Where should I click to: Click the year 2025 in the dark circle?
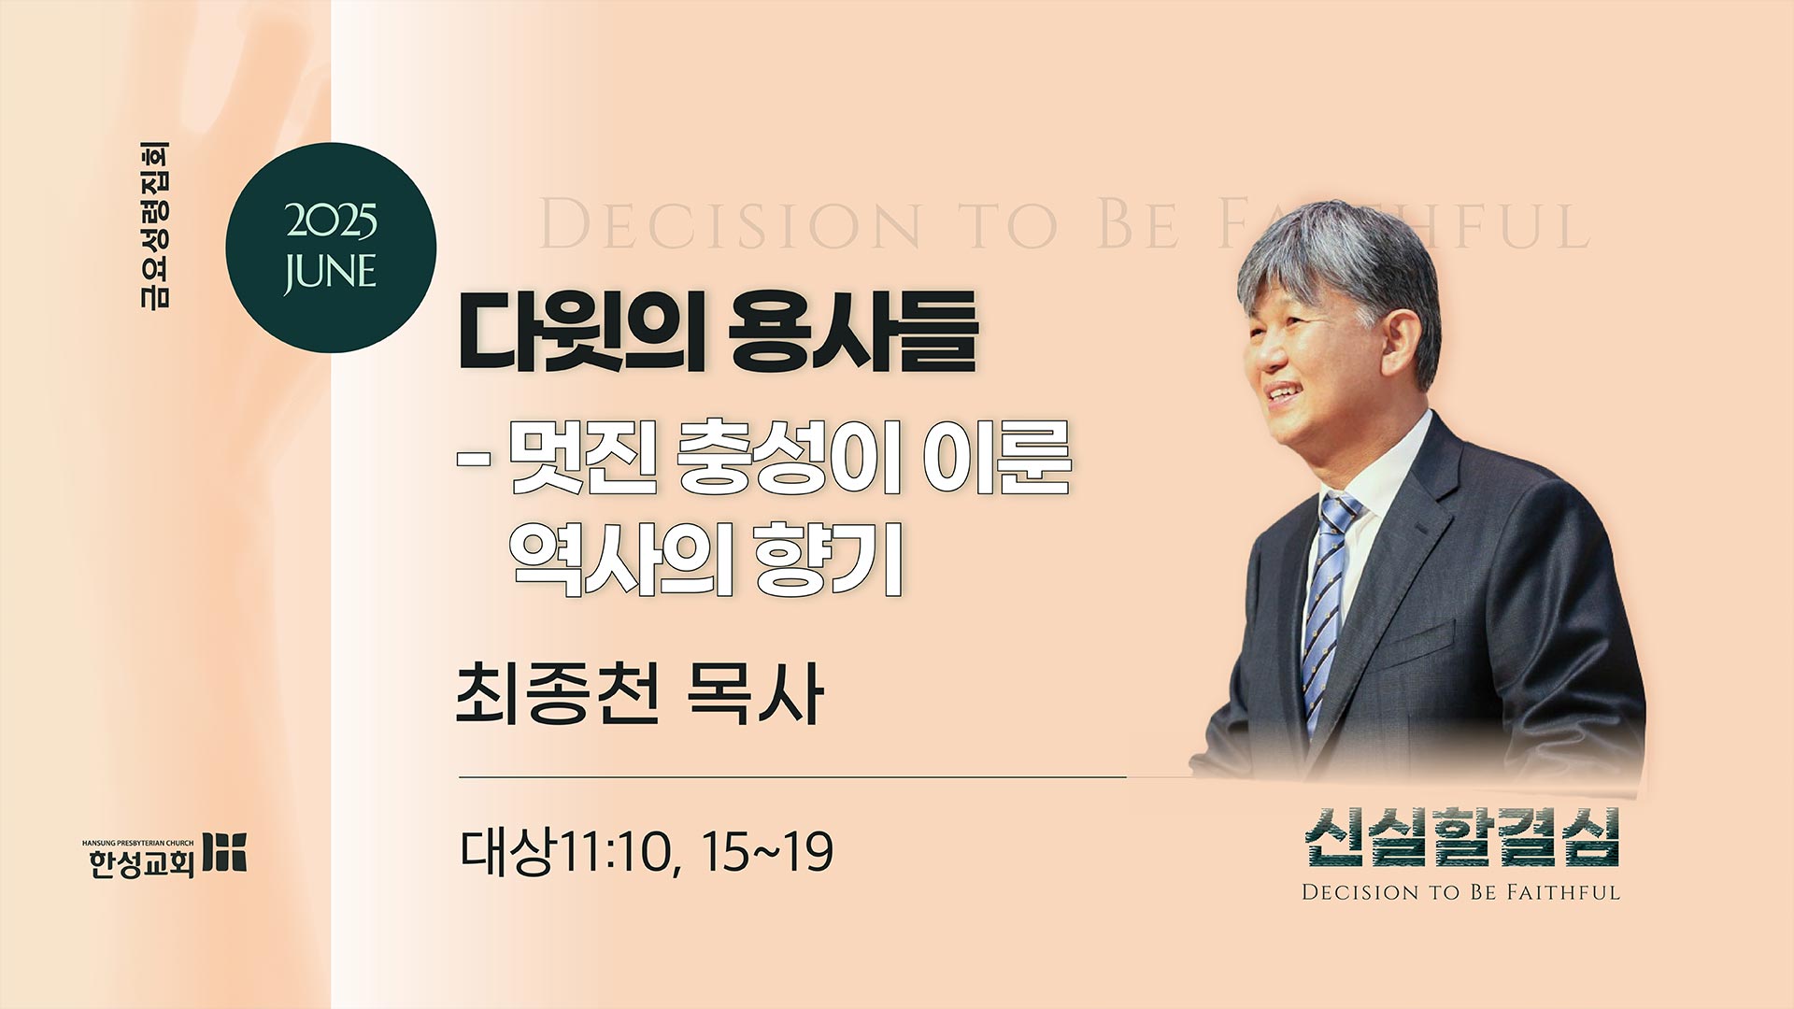click(x=331, y=221)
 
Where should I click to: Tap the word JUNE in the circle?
click(x=330, y=272)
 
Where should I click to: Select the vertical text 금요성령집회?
click(x=154, y=225)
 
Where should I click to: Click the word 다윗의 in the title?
click(x=581, y=332)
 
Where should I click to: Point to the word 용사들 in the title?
click(x=853, y=332)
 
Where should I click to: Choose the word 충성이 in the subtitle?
click(x=787, y=458)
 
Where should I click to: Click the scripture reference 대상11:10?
click(x=569, y=852)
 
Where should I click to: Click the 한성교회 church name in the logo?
click(x=141, y=863)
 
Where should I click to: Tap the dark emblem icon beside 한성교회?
click(x=225, y=851)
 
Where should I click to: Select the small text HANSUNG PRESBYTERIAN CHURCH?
click(x=138, y=843)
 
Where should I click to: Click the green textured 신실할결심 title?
click(x=1461, y=838)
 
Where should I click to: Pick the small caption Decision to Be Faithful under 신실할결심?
click(x=1461, y=892)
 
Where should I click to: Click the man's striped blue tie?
click(x=1329, y=607)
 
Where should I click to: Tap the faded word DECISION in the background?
click(x=730, y=225)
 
